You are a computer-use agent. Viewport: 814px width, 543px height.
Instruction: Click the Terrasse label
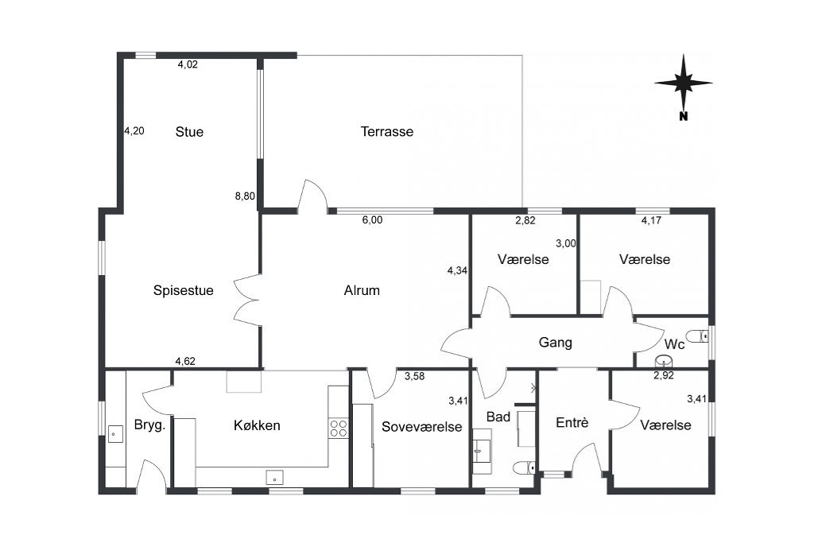click(x=387, y=131)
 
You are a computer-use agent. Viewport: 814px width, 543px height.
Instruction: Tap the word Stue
click(x=189, y=132)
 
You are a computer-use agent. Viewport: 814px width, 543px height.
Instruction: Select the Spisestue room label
click(x=184, y=290)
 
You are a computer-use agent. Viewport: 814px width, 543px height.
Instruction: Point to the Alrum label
click(x=362, y=290)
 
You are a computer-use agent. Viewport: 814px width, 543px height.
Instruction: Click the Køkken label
click(x=257, y=425)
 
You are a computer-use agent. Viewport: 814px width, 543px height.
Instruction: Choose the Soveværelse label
click(x=421, y=427)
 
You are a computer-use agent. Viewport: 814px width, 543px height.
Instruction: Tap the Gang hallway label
click(x=556, y=343)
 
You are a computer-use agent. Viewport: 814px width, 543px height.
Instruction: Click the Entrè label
click(x=572, y=423)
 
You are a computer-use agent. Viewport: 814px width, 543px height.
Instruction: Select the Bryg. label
click(x=149, y=425)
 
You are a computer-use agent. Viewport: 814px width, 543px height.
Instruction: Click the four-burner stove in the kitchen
click(x=339, y=429)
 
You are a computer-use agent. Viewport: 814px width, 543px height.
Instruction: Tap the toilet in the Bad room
click(x=525, y=467)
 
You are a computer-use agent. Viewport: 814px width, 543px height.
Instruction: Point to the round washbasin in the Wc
click(x=664, y=360)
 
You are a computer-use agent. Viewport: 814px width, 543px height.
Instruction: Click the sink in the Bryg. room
click(x=115, y=434)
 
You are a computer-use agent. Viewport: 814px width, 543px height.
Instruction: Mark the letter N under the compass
click(x=683, y=116)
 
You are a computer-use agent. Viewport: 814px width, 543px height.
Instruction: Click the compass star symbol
click(x=683, y=82)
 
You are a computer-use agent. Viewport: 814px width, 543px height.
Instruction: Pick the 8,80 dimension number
click(x=245, y=196)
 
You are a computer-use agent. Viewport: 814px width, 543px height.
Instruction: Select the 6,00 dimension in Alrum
click(x=372, y=220)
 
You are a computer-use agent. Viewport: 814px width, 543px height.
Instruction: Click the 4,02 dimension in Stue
click(x=188, y=64)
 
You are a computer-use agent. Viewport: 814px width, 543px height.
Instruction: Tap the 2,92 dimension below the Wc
click(x=664, y=375)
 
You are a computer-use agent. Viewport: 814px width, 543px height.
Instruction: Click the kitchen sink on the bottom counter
click(x=274, y=477)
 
